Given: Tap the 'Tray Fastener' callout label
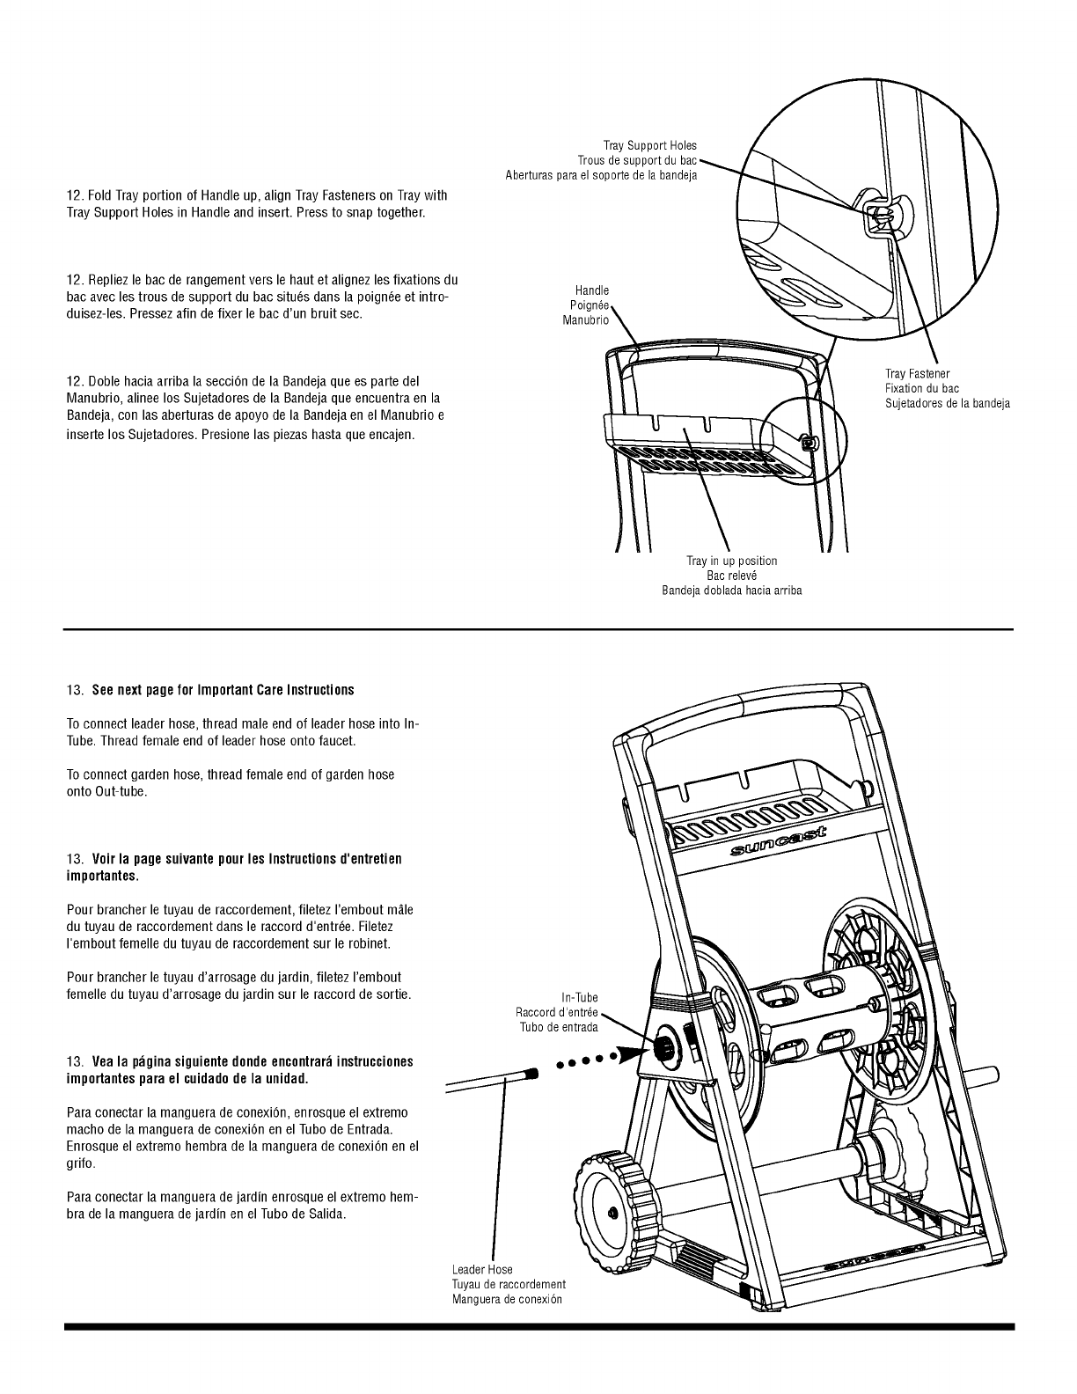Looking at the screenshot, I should pyautogui.click(x=917, y=374).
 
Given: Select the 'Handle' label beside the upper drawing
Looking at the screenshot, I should pyautogui.click(x=591, y=290).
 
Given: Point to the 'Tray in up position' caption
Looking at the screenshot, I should pyautogui.click(x=731, y=561).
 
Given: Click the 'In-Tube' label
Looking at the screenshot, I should pyautogui.click(x=579, y=998).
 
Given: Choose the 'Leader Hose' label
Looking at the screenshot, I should pyautogui.click(x=482, y=1270).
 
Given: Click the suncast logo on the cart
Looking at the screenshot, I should pyautogui.click(x=779, y=843).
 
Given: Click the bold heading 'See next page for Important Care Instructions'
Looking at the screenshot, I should pyautogui.click(x=223, y=689).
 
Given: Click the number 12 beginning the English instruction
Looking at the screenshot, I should pyautogui.click(x=75, y=195).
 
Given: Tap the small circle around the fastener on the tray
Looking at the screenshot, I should pyautogui.click(x=803, y=438).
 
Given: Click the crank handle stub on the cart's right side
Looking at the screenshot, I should pyautogui.click(x=983, y=1075).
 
